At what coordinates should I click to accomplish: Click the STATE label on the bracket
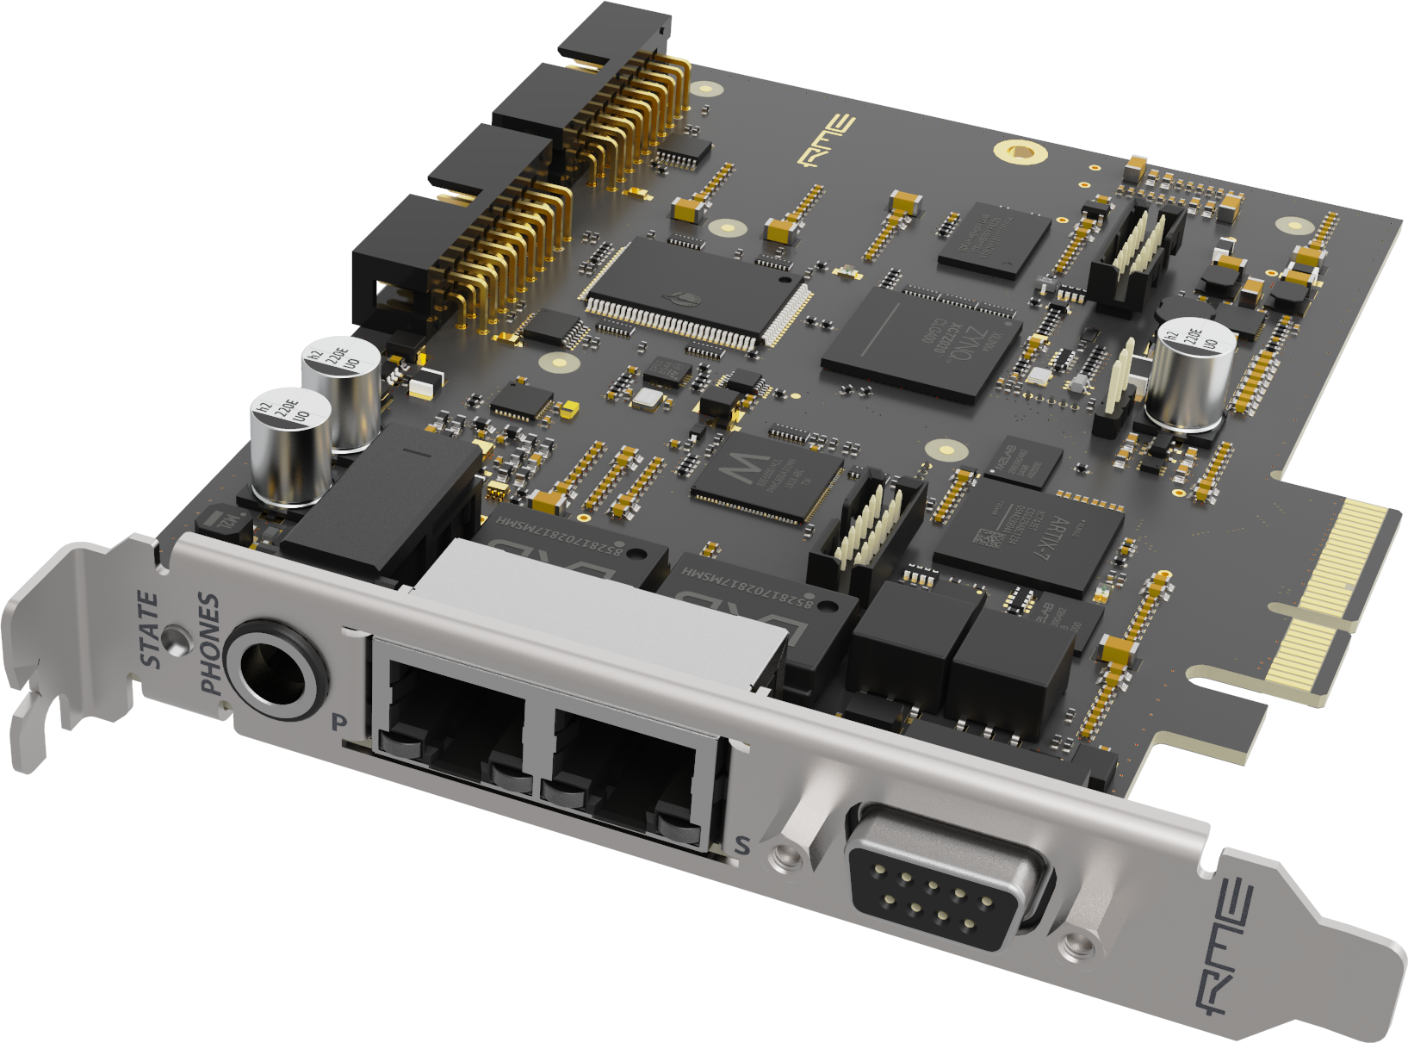(x=150, y=630)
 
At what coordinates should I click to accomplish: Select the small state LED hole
(x=178, y=640)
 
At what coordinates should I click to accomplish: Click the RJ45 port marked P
(x=455, y=719)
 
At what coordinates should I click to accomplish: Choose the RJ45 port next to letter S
(x=627, y=767)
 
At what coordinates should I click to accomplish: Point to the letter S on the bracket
(x=741, y=846)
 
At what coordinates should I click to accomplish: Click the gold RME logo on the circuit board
(x=825, y=140)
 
